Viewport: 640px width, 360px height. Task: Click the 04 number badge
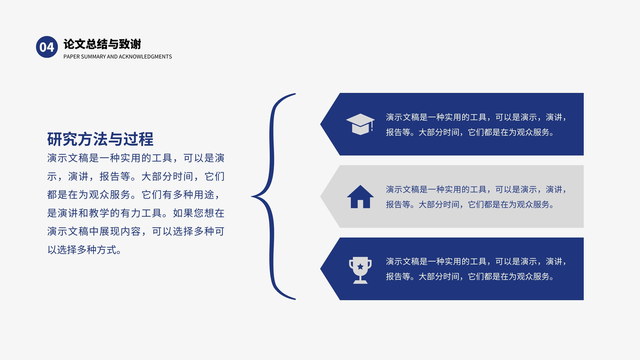click(47, 47)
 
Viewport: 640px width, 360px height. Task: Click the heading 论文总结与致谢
click(102, 44)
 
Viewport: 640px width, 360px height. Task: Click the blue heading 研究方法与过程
click(100, 139)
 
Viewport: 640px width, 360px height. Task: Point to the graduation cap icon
click(360, 124)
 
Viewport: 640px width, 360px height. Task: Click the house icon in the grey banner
click(360, 196)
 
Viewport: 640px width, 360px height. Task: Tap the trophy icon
click(360, 270)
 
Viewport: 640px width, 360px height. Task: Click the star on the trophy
click(360, 266)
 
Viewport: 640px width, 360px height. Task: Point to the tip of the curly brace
click(252, 196)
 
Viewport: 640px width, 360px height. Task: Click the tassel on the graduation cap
click(372, 126)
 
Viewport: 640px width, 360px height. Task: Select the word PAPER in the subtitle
click(72, 56)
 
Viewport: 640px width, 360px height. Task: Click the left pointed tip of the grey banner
click(320, 196)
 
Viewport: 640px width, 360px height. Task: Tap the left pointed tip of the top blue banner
click(320, 124)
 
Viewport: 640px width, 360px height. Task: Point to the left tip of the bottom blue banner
click(320, 268)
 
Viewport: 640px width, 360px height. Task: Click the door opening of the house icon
click(360, 204)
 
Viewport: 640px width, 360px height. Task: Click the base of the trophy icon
click(360, 282)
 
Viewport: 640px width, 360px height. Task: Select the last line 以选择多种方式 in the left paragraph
click(85, 250)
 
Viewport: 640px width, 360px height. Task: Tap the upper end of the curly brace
click(295, 94)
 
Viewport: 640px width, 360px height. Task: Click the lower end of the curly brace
click(295, 299)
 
